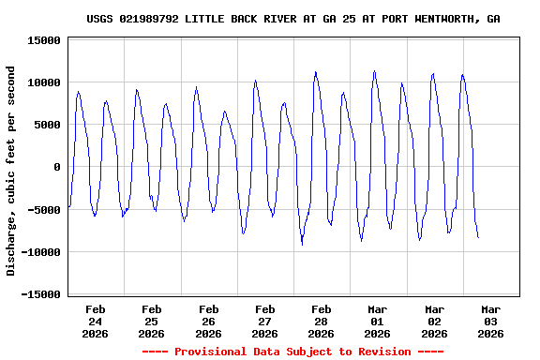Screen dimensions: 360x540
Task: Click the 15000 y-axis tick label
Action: (x=44, y=40)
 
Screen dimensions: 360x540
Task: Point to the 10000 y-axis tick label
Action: (x=44, y=82)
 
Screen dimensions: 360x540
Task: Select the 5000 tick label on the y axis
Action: (x=47, y=125)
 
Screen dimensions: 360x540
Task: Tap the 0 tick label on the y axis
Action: (x=57, y=167)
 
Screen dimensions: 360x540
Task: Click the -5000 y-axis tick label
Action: (x=44, y=209)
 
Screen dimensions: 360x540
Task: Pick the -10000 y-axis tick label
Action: (x=40, y=251)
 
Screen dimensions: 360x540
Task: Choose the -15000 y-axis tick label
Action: (x=40, y=294)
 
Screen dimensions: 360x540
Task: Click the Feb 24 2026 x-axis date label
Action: (x=95, y=321)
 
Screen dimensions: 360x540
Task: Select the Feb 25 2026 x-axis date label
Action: (x=151, y=321)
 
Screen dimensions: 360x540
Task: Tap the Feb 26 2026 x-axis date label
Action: (x=208, y=321)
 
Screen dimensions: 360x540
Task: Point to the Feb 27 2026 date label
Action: (x=264, y=321)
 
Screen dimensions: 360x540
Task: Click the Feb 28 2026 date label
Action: (x=321, y=321)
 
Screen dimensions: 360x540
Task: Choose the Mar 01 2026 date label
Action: (x=377, y=321)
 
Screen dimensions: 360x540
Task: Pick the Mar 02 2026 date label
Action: (x=434, y=321)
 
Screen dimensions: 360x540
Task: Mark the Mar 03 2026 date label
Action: (x=490, y=321)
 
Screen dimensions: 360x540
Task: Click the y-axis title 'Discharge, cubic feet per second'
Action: (x=11, y=171)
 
